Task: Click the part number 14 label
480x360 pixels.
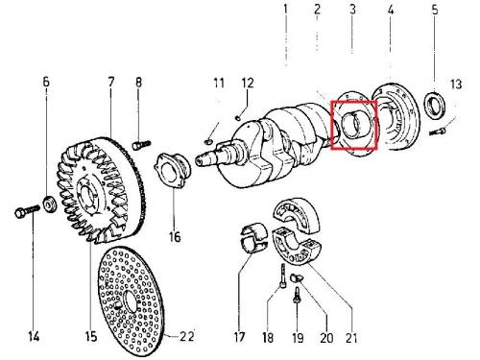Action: (x=34, y=337)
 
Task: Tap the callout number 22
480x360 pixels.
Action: (x=187, y=336)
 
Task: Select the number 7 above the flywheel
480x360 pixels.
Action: (x=111, y=82)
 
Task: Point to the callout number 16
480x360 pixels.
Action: (x=175, y=237)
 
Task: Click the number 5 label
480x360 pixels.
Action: (x=435, y=10)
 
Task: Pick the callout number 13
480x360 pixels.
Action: (x=456, y=84)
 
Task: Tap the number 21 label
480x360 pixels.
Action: (x=351, y=338)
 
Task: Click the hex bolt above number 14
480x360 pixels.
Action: (x=27, y=211)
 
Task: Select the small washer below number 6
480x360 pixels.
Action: (x=50, y=204)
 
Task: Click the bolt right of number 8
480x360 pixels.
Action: (x=141, y=144)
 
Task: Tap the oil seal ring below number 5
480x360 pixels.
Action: (x=434, y=103)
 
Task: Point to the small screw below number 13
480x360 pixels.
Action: (x=437, y=131)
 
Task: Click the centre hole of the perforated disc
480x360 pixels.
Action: (x=131, y=300)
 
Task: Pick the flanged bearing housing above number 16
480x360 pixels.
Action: (x=172, y=171)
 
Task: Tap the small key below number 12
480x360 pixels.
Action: (x=237, y=118)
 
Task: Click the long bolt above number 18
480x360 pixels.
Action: (x=283, y=276)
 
